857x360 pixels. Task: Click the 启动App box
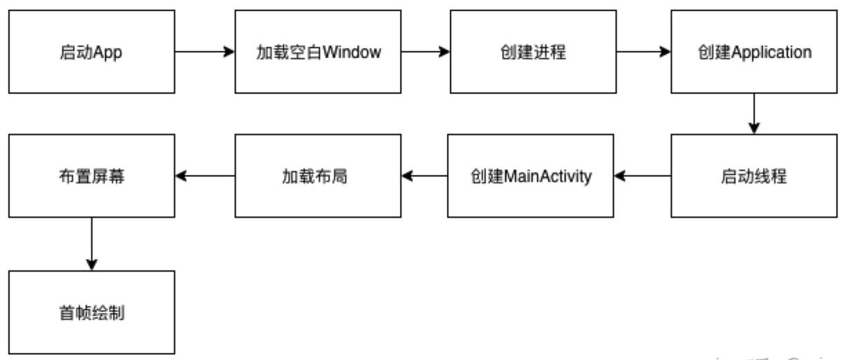coord(91,52)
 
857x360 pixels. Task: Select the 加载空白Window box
coord(318,52)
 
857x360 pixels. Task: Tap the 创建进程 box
coord(533,52)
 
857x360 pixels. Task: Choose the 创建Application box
coord(754,52)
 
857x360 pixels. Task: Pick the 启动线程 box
coord(754,176)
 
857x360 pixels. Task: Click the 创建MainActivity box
coord(530,176)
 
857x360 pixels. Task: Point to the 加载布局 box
coord(318,176)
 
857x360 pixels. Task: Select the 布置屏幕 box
coord(91,176)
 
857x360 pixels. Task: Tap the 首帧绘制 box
coord(91,312)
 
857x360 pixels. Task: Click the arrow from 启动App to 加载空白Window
coord(205,52)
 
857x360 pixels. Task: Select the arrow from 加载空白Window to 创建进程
coord(426,52)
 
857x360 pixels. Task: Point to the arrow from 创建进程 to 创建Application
coord(643,52)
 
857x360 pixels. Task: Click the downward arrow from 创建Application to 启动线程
coord(754,114)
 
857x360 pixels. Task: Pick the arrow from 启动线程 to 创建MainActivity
coord(642,176)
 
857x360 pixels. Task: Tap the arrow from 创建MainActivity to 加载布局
coord(424,176)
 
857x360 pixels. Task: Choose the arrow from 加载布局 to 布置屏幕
coord(205,176)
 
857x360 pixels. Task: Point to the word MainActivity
coord(549,177)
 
